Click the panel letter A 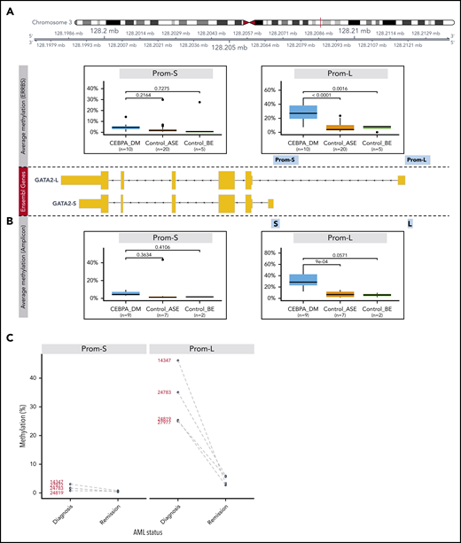click(x=7, y=7)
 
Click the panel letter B click(x=7, y=223)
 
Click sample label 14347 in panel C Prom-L click(x=164, y=361)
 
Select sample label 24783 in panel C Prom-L click(x=164, y=392)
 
